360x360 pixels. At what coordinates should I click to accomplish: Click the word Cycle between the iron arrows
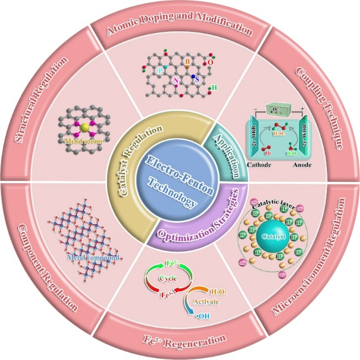pos(168,279)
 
